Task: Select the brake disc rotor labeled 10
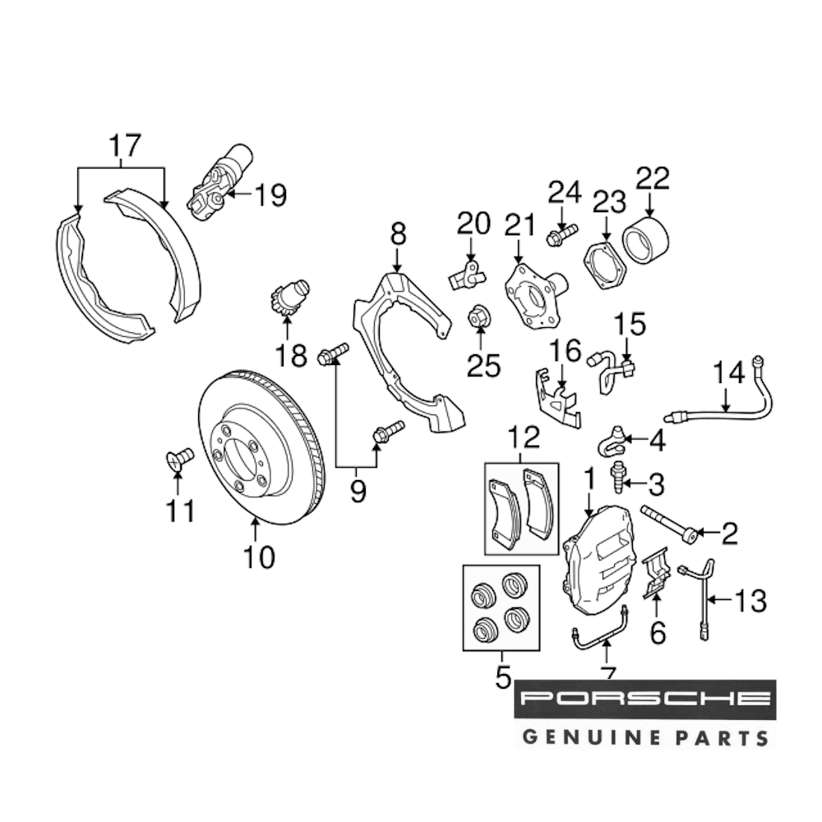[261, 448]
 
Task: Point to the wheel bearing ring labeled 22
[647, 236]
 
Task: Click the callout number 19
[270, 196]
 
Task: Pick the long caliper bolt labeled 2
[670, 524]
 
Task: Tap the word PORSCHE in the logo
[644, 700]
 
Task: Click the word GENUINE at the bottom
[588, 736]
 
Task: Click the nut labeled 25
[478, 316]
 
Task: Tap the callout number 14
[727, 375]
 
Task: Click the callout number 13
[750, 601]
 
